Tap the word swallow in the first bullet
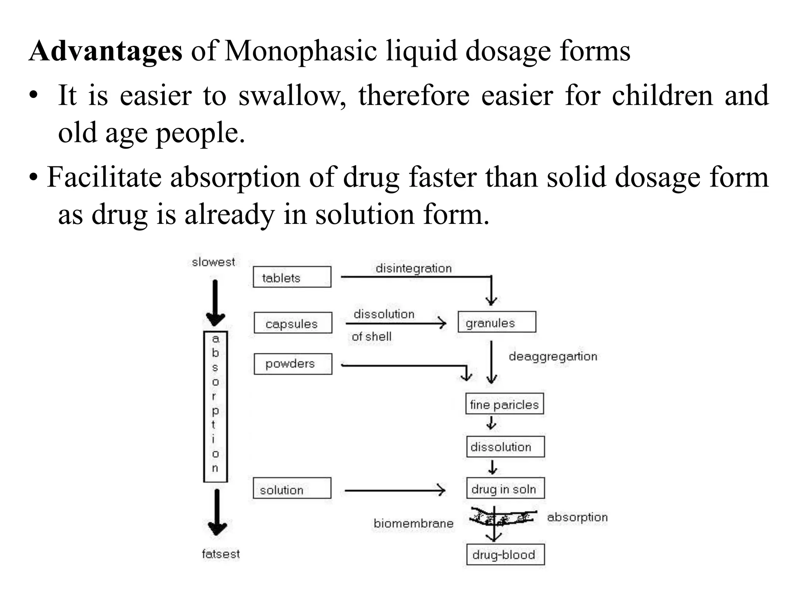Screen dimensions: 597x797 291,96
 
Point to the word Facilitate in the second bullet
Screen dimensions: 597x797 104,177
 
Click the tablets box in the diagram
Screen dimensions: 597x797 292,277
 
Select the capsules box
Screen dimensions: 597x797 293,323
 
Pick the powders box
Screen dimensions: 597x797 293,364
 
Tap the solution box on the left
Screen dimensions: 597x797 292,489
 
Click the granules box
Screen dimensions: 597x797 497,322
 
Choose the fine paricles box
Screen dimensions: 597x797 504,404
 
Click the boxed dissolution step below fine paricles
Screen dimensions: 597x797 505,447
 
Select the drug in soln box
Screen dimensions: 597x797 505,489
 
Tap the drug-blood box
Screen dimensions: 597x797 505,555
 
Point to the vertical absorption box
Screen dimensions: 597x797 215,406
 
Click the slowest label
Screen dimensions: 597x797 213,262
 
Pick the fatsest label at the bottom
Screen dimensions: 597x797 221,554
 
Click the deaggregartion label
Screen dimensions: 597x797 553,356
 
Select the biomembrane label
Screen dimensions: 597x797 413,524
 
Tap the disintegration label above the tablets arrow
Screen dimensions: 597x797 413,268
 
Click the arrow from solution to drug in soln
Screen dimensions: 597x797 395,490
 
